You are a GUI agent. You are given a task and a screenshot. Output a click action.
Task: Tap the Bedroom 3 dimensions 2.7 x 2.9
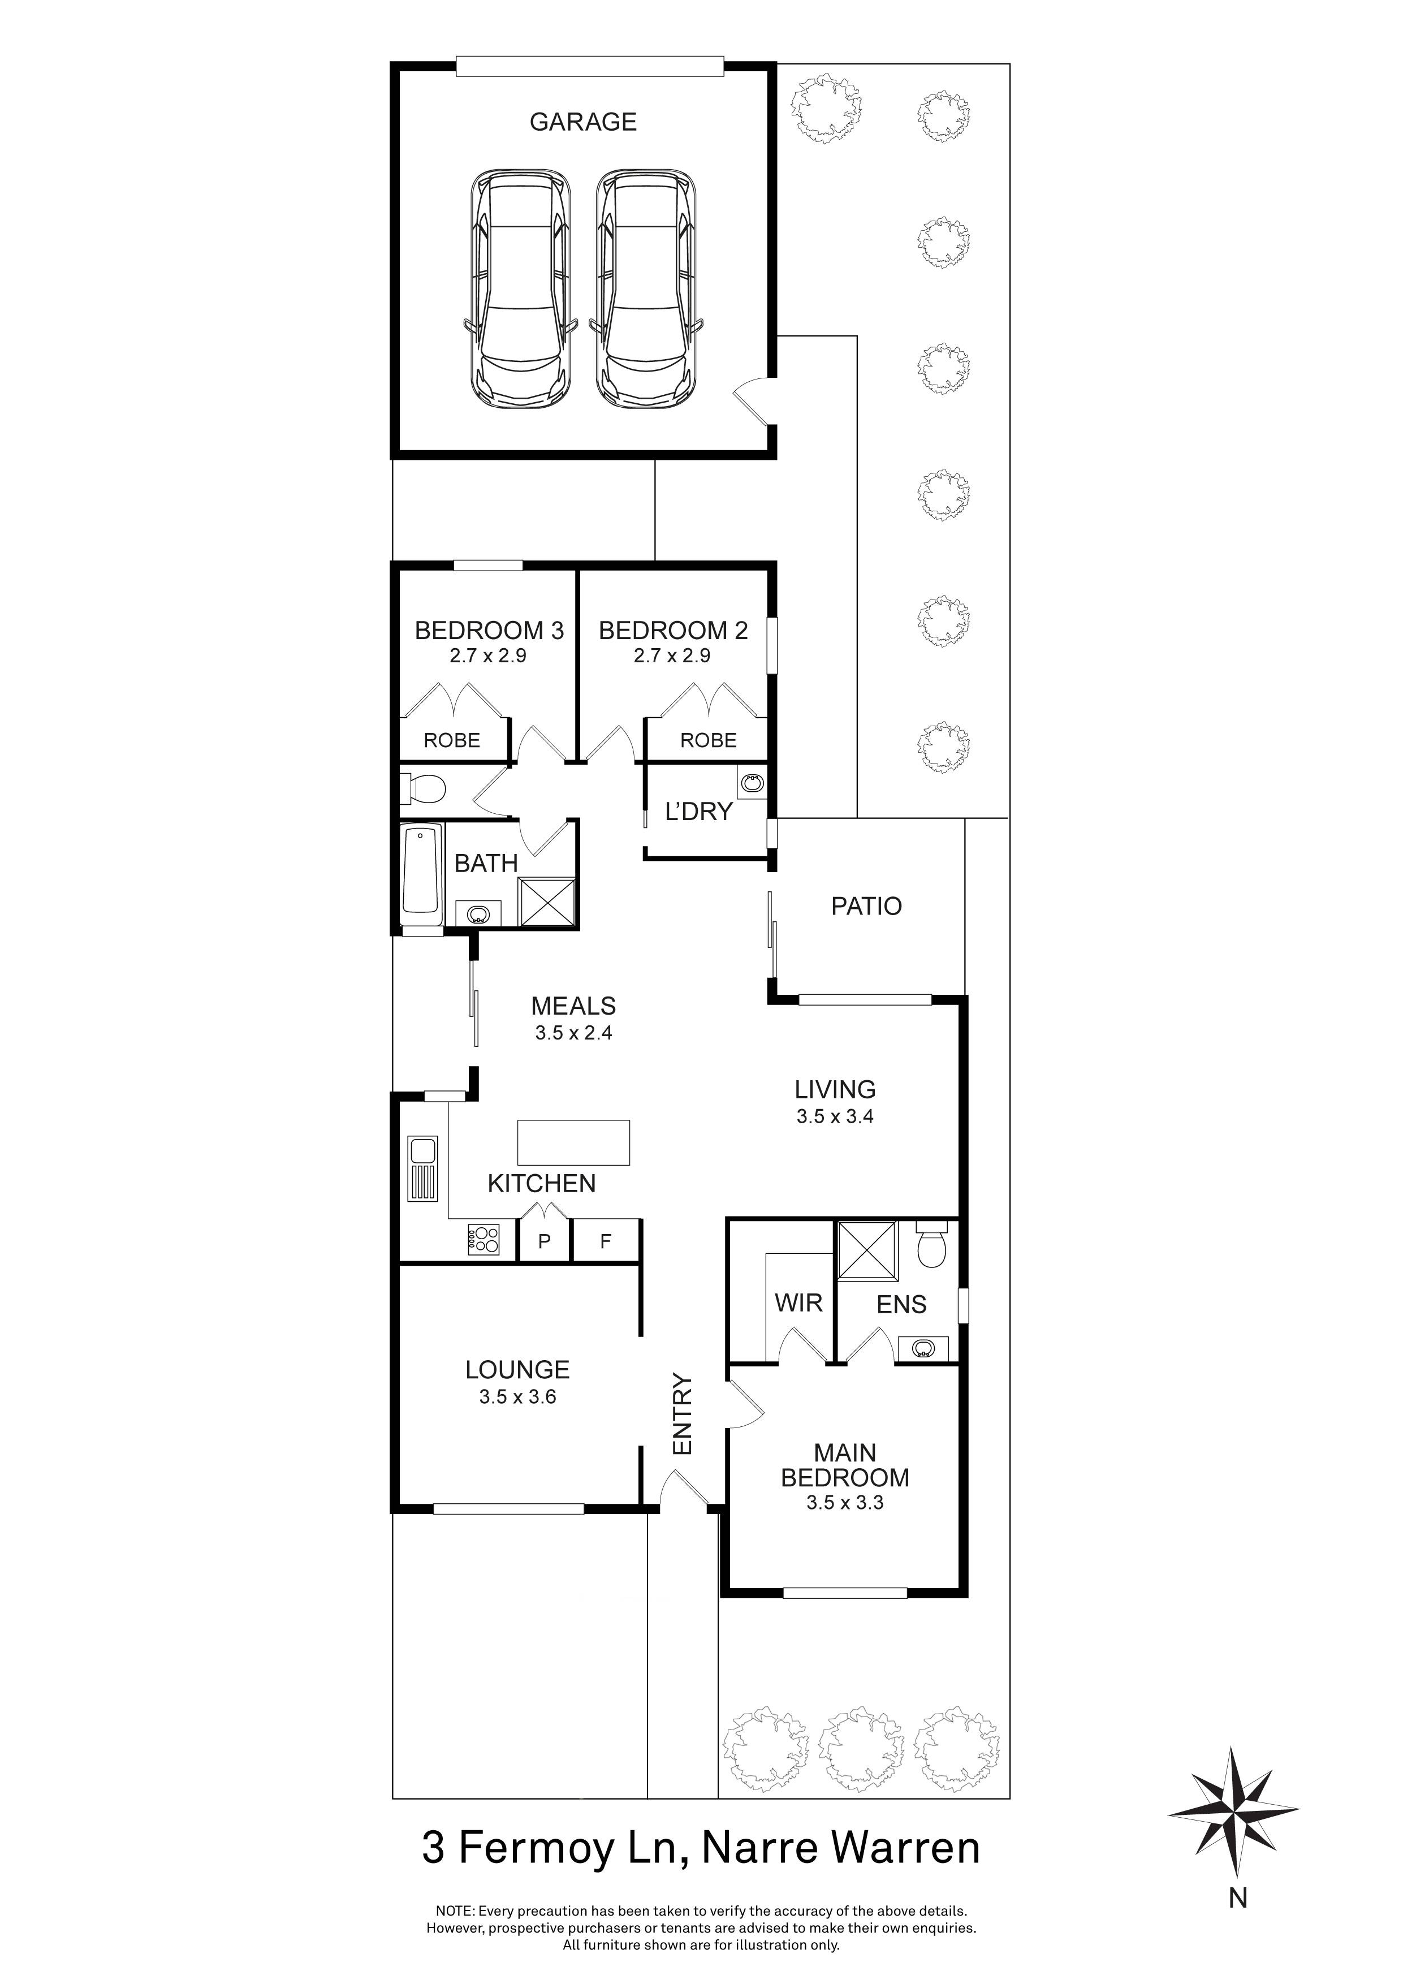[x=488, y=656]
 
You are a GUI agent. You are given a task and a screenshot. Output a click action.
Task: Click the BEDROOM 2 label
[x=673, y=631]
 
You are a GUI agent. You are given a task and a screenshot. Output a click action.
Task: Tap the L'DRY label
[x=698, y=812]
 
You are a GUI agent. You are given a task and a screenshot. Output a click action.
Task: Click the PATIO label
[x=866, y=907]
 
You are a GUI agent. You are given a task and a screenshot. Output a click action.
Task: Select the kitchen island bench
[x=573, y=1142]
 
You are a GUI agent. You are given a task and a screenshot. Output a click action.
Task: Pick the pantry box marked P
[x=544, y=1242]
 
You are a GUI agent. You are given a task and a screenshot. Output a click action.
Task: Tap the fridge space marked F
[x=606, y=1242]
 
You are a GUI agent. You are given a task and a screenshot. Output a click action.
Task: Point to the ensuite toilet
[x=932, y=1246]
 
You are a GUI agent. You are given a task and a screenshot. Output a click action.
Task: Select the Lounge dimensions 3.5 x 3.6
[x=517, y=1396]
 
